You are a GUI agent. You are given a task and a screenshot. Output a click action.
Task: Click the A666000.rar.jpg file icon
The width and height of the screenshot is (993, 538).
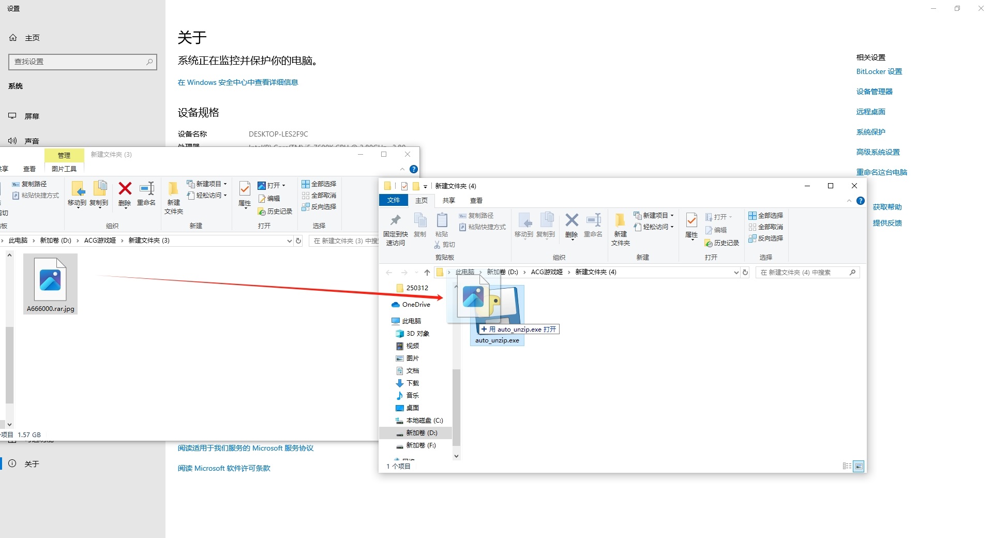[50, 280]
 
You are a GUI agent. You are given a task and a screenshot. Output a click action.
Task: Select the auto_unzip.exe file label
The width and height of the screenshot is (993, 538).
[497, 340]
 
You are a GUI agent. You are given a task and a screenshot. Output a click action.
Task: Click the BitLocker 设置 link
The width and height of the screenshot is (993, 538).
[879, 71]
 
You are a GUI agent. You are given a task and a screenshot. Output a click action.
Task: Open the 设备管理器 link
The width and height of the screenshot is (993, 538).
[874, 92]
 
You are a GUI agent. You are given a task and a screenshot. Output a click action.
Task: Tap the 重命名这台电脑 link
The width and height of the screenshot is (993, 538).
[881, 172]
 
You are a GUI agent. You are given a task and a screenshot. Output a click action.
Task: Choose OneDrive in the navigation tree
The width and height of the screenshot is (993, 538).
[416, 305]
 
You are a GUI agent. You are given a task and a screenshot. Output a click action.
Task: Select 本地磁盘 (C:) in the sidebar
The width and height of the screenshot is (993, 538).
[424, 421]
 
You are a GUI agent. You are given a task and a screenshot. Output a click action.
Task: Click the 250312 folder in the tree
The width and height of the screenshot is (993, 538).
[417, 288]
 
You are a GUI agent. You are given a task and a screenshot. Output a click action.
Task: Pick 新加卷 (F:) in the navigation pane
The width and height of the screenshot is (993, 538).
[420, 445]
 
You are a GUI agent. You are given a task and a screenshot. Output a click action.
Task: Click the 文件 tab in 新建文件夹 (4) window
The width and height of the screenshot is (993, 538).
[394, 200]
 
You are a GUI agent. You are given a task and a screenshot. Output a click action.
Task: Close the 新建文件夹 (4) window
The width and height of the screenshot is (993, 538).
[854, 186]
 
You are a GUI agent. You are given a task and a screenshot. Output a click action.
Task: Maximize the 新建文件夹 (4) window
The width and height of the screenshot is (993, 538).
[831, 186]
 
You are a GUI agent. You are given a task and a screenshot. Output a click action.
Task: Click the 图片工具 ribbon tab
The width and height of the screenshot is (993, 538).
[64, 169]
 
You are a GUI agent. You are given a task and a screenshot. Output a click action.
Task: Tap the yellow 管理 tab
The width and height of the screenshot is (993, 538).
[64, 155]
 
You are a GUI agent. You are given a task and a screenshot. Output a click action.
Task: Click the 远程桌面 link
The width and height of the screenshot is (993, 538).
[870, 112]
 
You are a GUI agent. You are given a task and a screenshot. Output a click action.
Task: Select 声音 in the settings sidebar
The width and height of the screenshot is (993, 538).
[32, 141]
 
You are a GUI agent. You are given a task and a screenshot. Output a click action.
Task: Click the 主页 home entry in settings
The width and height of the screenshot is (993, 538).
[32, 38]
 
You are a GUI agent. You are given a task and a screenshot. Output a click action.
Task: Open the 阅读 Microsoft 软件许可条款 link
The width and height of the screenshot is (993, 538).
[224, 468]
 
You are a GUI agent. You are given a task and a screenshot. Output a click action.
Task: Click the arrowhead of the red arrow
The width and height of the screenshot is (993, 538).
[441, 297]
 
